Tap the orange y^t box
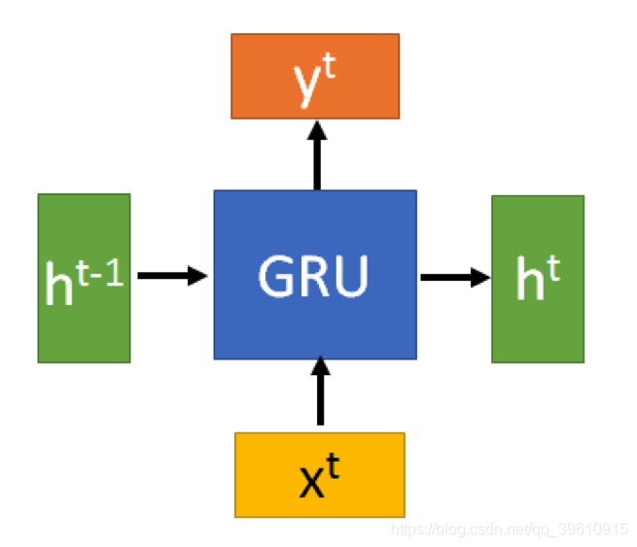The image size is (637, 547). [x=314, y=76]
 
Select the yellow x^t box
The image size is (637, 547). [x=319, y=474]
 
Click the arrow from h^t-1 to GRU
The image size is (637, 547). [x=172, y=276]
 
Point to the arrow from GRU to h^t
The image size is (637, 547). [x=455, y=277]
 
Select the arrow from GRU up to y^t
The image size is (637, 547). [x=316, y=154]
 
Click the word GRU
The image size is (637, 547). [x=314, y=276]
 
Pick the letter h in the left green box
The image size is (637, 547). [x=59, y=284]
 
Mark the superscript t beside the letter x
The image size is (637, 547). [x=332, y=467]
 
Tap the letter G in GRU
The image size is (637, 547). [x=276, y=276]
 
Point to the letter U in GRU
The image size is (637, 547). [x=351, y=276]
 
